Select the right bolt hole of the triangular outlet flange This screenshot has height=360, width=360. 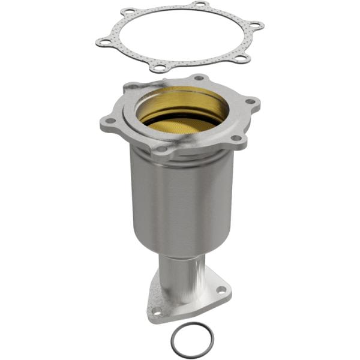(x=221, y=290)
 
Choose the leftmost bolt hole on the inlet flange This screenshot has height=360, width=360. (x=110, y=121)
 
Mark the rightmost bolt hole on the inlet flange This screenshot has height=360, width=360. (x=250, y=101)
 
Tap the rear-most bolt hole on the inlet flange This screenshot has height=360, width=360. (x=199, y=78)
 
